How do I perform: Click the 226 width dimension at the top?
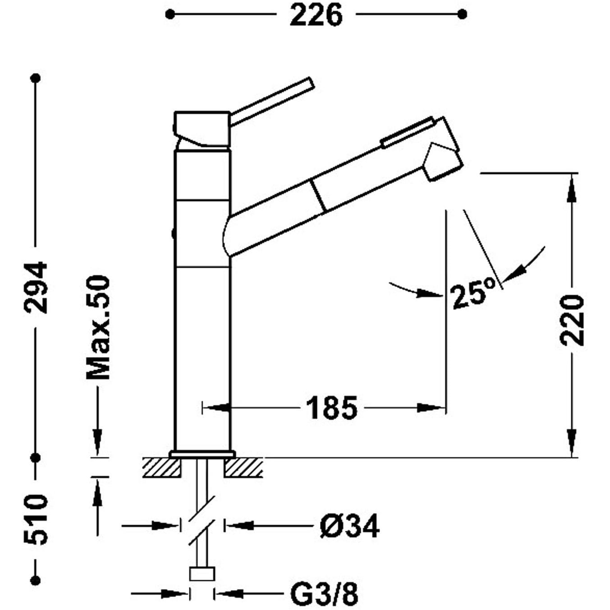316,15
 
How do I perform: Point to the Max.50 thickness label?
98,328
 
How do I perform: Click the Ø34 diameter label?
349,526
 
